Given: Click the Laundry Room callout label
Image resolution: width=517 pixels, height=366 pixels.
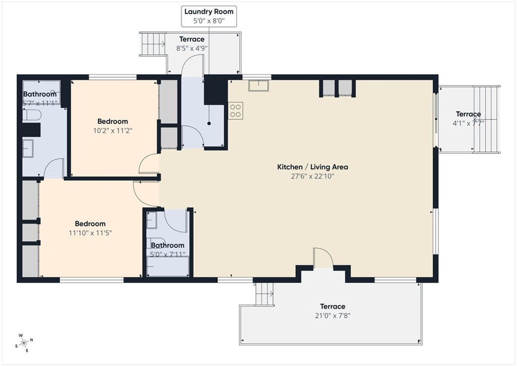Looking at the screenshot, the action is click(x=209, y=16).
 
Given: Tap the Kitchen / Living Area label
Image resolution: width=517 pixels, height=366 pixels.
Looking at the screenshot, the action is click(x=312, y=167).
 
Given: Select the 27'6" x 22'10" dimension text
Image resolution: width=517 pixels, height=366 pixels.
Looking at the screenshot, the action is click(x=312, y=176).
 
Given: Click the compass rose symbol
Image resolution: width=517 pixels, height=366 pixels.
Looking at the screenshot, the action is click(x=24, y=343).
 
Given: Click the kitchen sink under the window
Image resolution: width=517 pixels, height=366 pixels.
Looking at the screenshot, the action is click(x=258, y=85).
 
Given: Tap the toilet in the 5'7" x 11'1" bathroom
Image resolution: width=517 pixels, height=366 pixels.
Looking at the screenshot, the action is click(x=32, y=115).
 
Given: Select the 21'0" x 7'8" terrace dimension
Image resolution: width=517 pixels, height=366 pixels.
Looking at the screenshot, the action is click(x=332, y=316).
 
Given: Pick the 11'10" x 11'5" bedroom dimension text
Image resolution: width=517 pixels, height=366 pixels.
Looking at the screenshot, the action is click(x=90, y=233).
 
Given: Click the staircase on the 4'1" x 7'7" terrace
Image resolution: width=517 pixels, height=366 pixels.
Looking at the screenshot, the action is click(x=487, y=119).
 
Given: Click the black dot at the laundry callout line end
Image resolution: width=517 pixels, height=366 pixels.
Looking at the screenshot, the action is click(x=209, y=123).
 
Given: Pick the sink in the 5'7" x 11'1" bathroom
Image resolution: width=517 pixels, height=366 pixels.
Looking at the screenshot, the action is click(x=28, y=148).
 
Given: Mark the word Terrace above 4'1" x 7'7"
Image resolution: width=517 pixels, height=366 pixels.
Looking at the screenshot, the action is click(x=468, y=114).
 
